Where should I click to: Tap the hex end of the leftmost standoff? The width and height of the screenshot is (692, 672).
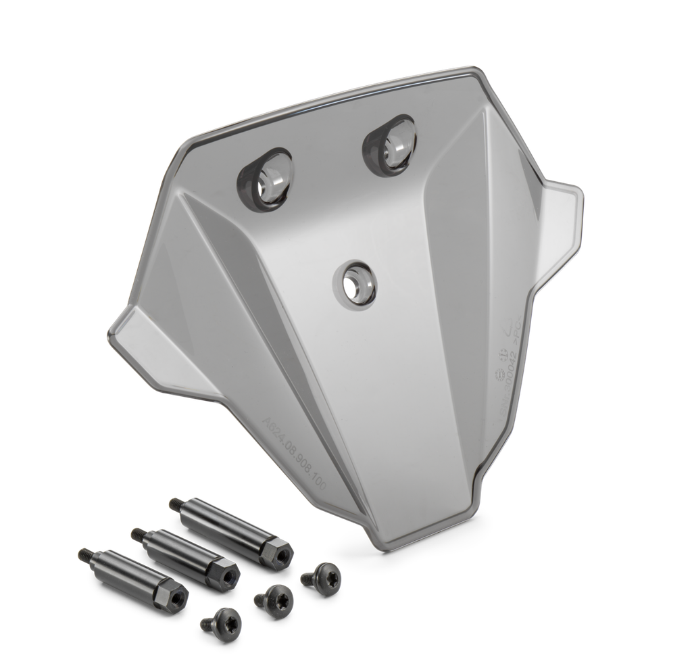coord(172,595)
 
